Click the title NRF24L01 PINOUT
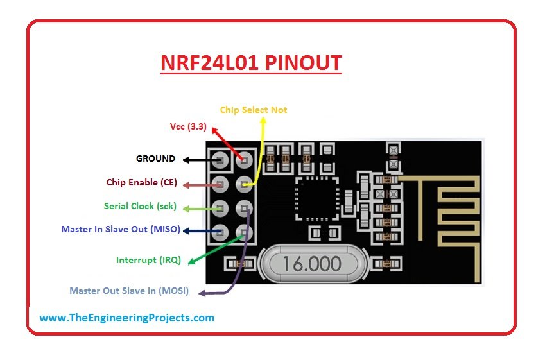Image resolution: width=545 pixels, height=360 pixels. [251, 64]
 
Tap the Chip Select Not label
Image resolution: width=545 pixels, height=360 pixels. [254, 110]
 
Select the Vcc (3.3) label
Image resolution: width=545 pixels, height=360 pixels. [188, 127]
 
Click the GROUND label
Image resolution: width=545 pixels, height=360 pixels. [155, 159]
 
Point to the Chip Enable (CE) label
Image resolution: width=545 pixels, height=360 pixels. [141, 183]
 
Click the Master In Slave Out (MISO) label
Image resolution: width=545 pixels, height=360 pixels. [121, 229]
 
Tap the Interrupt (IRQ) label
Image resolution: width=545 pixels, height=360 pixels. [148, 261]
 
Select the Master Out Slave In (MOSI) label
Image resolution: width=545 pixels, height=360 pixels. [129, 291]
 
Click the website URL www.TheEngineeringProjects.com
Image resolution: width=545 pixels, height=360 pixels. [126, 318]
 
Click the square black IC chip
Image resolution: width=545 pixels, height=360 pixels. [314, 198]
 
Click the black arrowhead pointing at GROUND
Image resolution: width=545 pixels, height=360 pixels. [186, 159]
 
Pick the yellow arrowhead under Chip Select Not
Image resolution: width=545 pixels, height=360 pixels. [263, 123]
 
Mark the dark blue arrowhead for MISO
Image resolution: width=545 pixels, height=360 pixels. [186, 230]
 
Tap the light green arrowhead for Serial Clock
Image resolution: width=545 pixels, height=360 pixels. [186, 208]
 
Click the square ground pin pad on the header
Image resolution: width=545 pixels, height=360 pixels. [220, 160]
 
